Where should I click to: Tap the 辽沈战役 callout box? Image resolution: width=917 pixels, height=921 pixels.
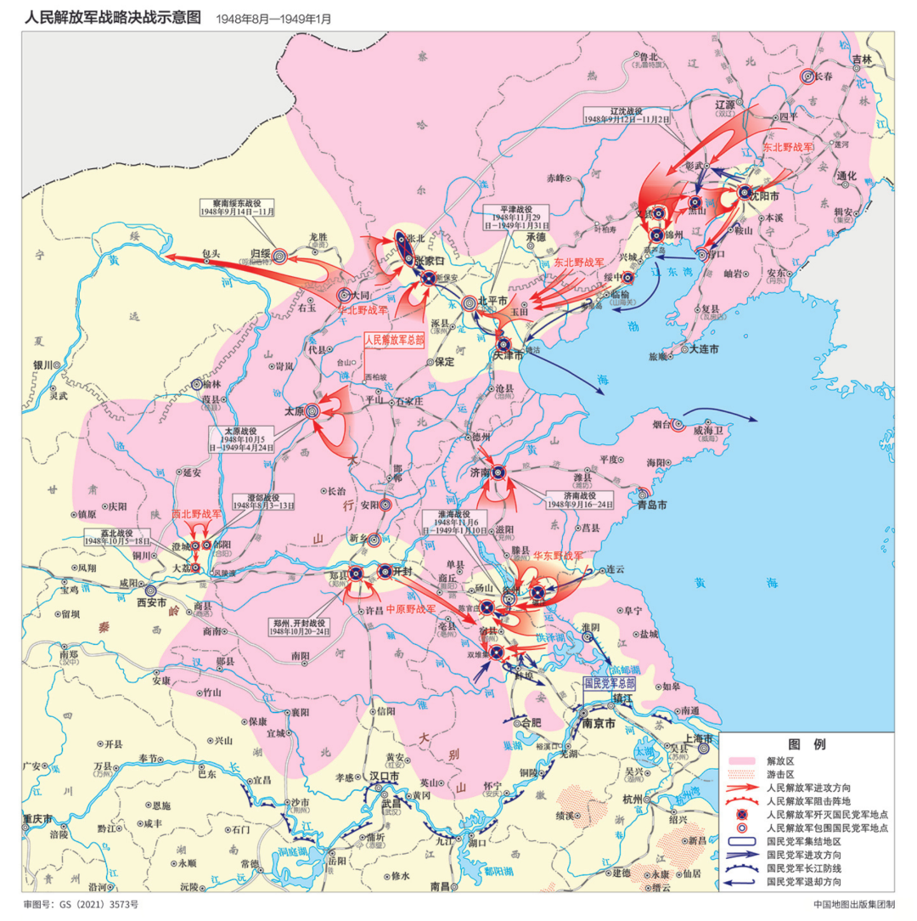click(x=626, y=116)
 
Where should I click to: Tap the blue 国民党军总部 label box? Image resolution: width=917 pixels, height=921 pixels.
click(x=609, y=682)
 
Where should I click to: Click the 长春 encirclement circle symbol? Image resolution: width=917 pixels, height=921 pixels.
click(x=808, y=76)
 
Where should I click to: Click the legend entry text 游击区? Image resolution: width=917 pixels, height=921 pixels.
click(x=779, y=774)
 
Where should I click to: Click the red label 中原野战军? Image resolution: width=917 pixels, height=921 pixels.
click(x=411, y=609)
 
